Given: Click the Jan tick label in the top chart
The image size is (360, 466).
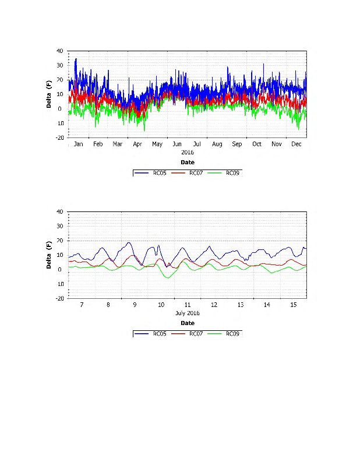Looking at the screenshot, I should pos(79,144).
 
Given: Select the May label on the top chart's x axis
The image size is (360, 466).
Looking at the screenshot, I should pos(157,144).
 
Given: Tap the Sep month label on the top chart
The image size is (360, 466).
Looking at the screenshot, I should pos(237,144).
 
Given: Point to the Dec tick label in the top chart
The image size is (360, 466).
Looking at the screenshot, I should pos(297,144).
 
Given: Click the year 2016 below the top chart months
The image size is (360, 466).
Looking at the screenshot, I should pos(187,152).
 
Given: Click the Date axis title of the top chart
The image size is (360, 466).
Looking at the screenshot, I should pos(187,163).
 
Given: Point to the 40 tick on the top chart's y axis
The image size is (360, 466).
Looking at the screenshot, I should pos(59,51).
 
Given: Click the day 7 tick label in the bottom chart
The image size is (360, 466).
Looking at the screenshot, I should pos(82,305).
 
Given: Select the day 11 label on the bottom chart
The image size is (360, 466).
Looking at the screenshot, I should pos(188,305).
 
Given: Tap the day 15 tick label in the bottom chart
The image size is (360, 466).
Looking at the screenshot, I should pos(293,305).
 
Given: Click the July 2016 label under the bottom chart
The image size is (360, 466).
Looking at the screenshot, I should pos(187,313).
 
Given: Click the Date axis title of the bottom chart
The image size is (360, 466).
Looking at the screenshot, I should pos(187,323).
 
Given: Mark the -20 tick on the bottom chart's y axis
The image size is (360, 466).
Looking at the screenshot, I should pos(59,298).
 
